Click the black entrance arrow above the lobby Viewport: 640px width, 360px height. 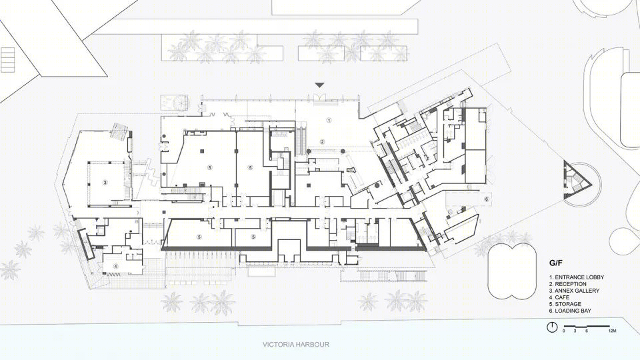(x=319, y=85)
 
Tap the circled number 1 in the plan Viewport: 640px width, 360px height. (x=329, y=120)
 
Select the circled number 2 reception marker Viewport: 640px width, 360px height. (x=322, y=141)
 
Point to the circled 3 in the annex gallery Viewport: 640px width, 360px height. (x=105, y=183)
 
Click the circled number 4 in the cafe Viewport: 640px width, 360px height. (x=116, y=266)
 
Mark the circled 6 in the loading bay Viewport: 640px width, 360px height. (x=487, y=199)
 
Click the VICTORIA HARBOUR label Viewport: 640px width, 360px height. (x=296, y=345)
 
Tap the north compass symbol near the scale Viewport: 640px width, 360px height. (x=552, y=327)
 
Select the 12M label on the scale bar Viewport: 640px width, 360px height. (x=612, y=331)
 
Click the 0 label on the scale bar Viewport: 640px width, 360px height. (x=564, y=331)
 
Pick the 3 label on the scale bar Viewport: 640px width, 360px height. (x=575, y=331)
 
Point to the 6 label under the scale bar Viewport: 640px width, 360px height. (x=587, y=331)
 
